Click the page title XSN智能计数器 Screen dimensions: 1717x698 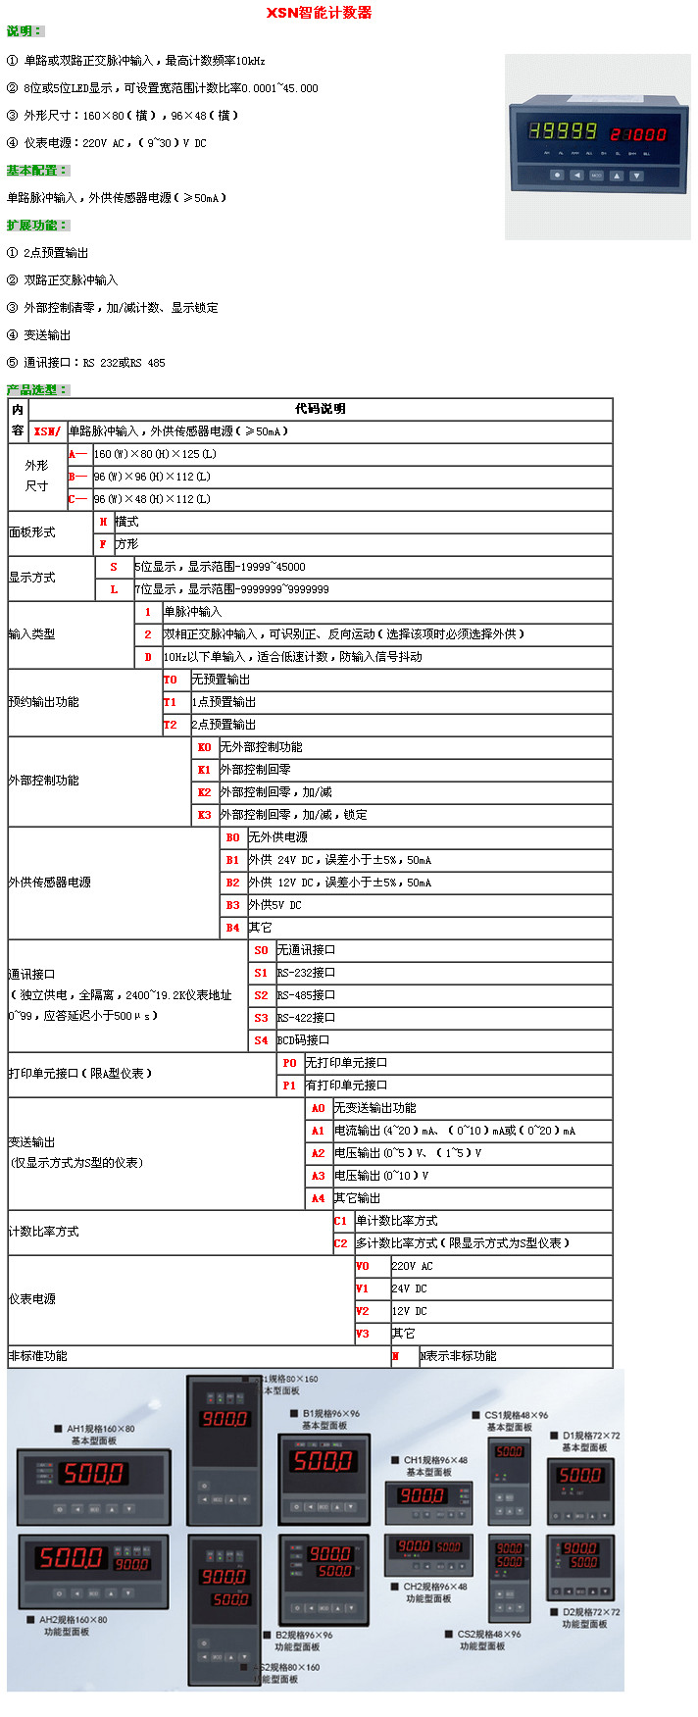click(x=319, y=13)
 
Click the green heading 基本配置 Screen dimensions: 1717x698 click(x=33, y=171)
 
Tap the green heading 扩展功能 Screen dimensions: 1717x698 click(x=33, y=226)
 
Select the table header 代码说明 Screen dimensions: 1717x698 click(x=320, y=409)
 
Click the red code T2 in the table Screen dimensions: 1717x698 click(x=171, y=725)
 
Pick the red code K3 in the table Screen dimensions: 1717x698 click(x=204, y=815)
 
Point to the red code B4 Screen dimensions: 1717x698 click(x=232, y=928)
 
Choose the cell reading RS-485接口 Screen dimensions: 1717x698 click(x=306, y=995)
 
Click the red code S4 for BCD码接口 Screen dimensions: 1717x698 click(x=261, y=1040)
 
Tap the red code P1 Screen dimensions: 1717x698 click(x=289, y=1086)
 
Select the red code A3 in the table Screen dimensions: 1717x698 click(x=318, y=1176)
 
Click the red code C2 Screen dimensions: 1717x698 click(x=340, y=1243)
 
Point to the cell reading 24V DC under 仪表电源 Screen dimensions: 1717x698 click(x=409, y=1288)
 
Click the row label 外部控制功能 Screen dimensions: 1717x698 click(x=43, y=781)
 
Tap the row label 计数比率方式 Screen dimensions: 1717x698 click(x=43, y=1232)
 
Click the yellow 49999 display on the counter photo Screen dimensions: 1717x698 click(x=563, y=131)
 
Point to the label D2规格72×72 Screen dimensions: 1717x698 click(x=590, y=1612)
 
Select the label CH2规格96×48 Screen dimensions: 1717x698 click(x=435, y=1586)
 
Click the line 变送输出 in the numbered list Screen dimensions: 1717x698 click(x=47, y=335)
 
